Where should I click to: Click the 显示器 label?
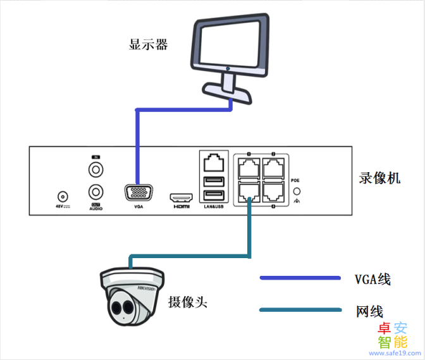click(x=149, y=45)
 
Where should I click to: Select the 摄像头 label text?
click(x=188, y=302)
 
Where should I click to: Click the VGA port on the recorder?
click(x=138, y=193)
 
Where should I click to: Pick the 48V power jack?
click(x=63, y=197)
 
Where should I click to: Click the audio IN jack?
click(x=95, y=170)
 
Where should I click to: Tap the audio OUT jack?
click(x=95, y=191)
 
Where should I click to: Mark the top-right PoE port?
click(x=273, y=167)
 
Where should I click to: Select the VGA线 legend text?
click(x=373, y=279)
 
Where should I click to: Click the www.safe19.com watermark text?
click(x=393, y=354)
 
